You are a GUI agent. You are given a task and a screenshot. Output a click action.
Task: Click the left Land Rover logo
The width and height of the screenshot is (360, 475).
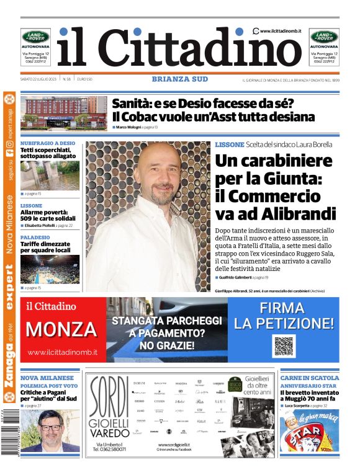point(36,37)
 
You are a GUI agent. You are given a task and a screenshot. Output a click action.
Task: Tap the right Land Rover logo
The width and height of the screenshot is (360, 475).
point(324,37)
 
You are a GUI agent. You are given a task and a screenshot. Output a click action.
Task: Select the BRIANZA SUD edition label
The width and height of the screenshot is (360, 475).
point(179,79)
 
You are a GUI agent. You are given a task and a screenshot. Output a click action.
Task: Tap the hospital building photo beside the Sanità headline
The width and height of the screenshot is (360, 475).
point(64,113)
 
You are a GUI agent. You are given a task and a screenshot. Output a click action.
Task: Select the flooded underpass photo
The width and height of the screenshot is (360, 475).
point(50,177)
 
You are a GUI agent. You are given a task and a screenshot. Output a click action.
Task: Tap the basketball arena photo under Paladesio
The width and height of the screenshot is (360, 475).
point(50,269)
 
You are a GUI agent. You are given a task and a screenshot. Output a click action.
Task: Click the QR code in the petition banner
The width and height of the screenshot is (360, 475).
point(283,346)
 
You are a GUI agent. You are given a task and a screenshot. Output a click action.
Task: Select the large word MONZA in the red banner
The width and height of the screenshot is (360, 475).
point(61,329)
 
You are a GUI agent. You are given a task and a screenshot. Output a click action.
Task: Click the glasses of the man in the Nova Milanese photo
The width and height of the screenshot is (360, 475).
point(50,427)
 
